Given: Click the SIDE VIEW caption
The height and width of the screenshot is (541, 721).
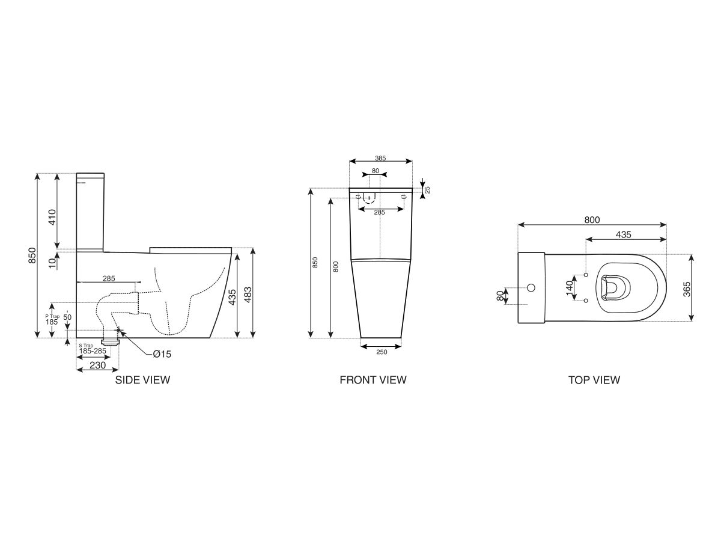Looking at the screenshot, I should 142,380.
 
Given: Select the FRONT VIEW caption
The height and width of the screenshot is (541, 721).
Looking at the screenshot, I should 373,380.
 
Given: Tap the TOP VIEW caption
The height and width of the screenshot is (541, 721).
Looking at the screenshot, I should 594,380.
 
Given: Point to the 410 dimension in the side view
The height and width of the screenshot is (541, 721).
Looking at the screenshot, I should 52,216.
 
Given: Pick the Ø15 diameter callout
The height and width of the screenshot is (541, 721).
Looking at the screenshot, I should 162,354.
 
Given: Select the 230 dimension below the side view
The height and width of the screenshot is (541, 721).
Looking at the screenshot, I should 97,365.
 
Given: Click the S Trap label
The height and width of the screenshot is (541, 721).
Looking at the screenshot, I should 86,345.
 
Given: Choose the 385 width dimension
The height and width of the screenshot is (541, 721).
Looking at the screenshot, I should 380,158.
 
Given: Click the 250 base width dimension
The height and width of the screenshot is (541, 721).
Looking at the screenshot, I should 381,352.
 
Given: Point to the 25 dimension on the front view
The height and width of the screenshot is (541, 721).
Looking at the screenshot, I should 427,189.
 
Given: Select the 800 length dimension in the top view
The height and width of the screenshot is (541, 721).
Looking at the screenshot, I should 592,221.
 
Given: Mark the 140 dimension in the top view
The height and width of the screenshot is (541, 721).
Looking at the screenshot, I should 569,288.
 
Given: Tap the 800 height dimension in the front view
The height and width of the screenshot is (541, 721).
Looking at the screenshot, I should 336,266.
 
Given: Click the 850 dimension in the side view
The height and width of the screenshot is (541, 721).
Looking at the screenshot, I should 32,255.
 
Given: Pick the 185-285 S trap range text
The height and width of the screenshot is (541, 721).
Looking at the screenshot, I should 92,351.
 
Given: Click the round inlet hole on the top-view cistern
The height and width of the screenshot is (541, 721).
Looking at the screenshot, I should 531,287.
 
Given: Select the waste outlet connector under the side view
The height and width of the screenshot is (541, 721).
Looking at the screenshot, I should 112,341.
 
